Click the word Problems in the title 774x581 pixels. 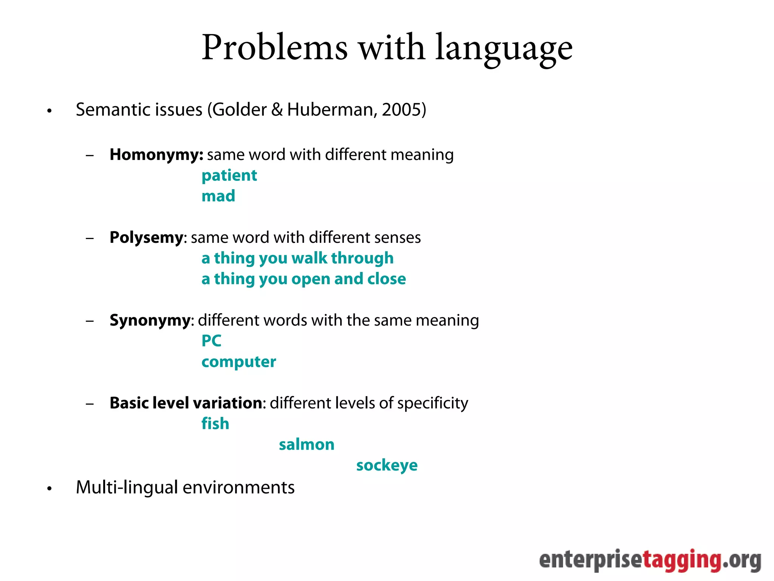pyautogui.click(x=274, y=48)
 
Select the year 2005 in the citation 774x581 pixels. pyautogui.click(x=401, y=110)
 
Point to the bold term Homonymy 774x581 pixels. pyautogui.click(x=156, y=155)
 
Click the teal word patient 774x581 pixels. pyautogui.click(x=229, y=176)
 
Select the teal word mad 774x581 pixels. pyautogui.click(x=218, y=196)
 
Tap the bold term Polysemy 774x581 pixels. pyautogui.click(x=146, y=238)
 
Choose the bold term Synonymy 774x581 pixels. pyautogui.click(x=150, y=321)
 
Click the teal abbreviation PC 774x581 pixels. pyautogui.click(x=211, y=341)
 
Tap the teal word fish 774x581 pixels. pyautogui.click(x=215, y=424)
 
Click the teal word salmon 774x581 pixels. pyautogui.click(x=307, y=445)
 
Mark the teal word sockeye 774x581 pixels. pyautogui.click(x=387, y=466)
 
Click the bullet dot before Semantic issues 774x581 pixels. pyautogui.click(x=49, y=111)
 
